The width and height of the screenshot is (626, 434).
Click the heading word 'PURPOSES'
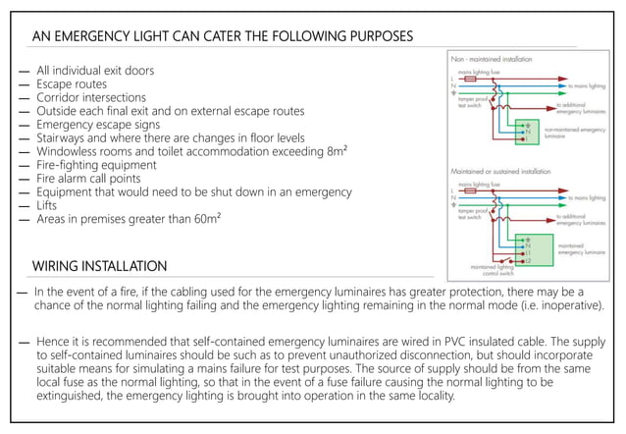[x=377, y=37]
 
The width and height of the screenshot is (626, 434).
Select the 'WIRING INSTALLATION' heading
[x=99, y=266]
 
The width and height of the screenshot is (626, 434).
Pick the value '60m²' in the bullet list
[x=199, y=219]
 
